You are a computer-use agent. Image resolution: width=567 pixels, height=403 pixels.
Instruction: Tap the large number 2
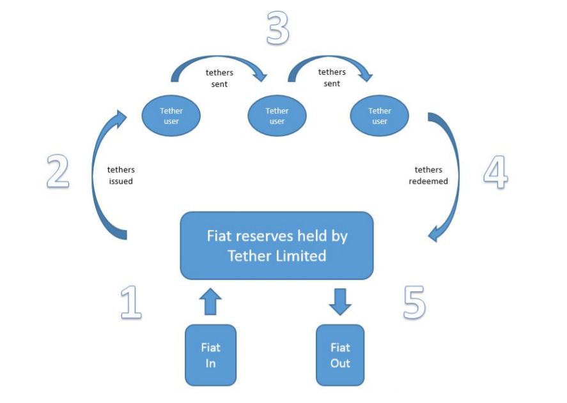point(58,171)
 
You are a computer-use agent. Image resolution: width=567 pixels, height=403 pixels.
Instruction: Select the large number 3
point(277,29)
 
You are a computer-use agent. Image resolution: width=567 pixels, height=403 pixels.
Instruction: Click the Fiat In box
point(210,355)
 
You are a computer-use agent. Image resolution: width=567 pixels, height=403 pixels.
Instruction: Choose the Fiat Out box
point(340,355)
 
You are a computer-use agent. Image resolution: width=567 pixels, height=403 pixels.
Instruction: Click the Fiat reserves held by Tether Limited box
point(277,245)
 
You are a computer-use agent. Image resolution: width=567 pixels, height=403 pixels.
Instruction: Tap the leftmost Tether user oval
point(171,116)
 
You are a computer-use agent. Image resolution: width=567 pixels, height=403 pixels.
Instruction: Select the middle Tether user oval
point(277,116)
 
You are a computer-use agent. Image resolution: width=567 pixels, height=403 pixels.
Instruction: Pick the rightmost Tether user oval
point(380,116)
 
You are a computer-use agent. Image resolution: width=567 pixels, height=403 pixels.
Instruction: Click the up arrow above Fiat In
point(211,302)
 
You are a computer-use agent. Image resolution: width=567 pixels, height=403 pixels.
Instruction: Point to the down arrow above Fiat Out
point(340,301)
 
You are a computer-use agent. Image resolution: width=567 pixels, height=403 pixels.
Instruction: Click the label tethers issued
point(121,176)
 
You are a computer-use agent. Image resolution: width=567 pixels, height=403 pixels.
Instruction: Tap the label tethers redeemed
point(428,176)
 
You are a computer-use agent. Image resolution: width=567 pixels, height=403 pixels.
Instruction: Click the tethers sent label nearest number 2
point(219,78)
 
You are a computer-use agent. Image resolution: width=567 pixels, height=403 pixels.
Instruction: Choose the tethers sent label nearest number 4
point(332,78)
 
